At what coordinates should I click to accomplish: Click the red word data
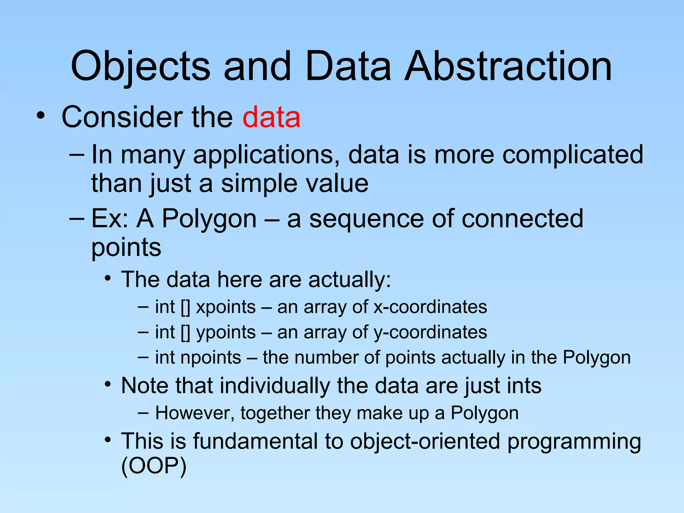click(x=271, y=117)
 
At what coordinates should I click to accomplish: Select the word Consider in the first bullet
click(x=122, y=117)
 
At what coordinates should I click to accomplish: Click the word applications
click(x=264, y=155)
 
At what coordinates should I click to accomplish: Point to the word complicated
click(x=572, y=155)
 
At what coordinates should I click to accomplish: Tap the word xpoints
click(x=226, y=307)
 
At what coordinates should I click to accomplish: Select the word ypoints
click(x=226, y=333)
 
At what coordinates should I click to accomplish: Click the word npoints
click(x=210, y=358)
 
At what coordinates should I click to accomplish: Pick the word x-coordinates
click(x=430, y=307)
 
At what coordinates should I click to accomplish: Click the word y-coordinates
click(x=430, y=333)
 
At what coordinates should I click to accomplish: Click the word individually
click(x=275, y=386)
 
